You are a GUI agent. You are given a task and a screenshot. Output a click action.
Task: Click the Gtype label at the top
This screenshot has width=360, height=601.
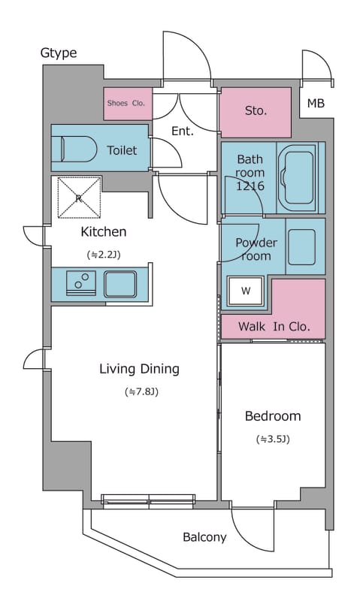(59, 53)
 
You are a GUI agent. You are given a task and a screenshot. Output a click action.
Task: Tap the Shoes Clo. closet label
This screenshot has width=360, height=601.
(126, 103)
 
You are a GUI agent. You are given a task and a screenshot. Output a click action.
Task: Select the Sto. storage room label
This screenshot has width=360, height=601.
(256, 110)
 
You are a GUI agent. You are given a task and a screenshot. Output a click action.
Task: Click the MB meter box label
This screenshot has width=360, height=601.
(316, 103)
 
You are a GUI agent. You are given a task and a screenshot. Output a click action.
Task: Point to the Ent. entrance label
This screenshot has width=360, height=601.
(183, 131)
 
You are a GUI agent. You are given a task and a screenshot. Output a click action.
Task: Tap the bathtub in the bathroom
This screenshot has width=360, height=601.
(297, 177)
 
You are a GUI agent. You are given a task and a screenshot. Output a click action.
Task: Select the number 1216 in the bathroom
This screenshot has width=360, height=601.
(250, 186)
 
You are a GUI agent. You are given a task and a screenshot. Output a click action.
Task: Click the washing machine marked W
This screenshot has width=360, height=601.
(245, 291)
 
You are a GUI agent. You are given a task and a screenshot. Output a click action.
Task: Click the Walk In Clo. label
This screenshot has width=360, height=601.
(274, 327)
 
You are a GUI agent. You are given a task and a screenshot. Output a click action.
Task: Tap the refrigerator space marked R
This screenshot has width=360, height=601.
(79, 198)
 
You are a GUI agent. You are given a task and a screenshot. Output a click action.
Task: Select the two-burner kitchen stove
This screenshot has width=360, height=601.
(81, 283)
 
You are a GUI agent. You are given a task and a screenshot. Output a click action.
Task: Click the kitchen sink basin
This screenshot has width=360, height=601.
(120, 284)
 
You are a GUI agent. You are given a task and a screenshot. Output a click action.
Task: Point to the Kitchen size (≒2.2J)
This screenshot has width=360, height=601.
(104, 255)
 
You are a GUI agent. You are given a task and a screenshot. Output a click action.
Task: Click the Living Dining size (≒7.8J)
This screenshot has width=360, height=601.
(141, 391)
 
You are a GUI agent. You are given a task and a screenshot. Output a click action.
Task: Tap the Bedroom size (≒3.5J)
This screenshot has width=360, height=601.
(273, 439)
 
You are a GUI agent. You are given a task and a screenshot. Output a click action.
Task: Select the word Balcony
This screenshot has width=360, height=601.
(204, 537)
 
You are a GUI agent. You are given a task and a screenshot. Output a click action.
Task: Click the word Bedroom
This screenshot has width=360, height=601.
(273, 416)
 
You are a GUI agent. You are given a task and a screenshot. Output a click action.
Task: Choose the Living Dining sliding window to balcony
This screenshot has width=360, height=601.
(148, 501)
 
